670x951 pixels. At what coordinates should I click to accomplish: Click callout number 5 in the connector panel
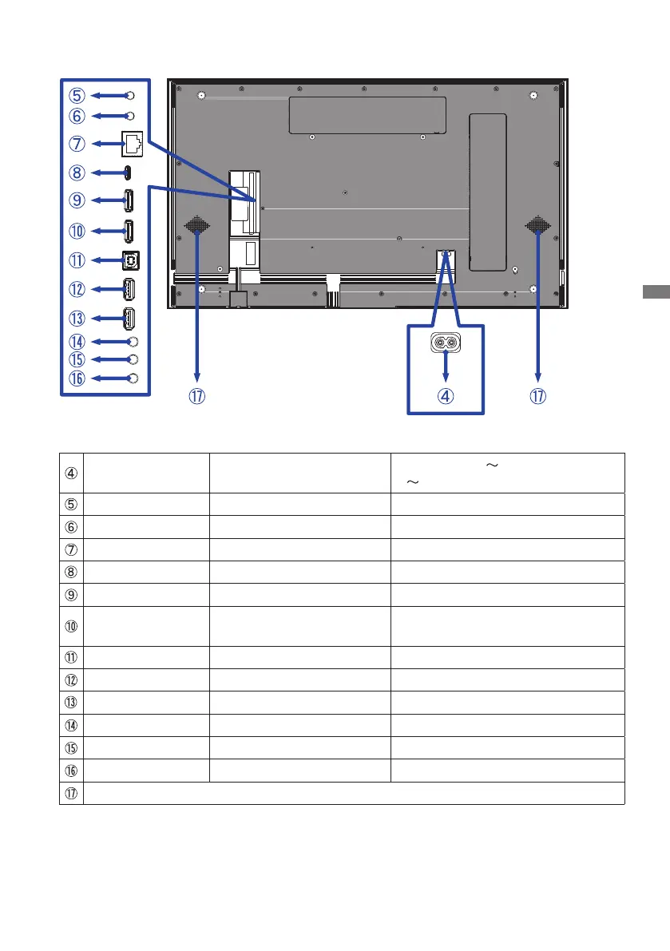click(x=77, y=96)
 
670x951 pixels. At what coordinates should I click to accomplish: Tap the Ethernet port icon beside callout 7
click(x=133, y=144)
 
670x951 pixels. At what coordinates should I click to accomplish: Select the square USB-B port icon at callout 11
click(x=131, y=260)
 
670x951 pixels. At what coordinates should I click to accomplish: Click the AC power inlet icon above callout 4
click(x=446, y=343)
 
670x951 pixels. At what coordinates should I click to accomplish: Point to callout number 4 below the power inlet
click(x=446, y=396)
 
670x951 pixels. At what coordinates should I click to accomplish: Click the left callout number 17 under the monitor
click(x=197, y=396)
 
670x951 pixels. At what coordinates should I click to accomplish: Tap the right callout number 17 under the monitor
click(x=537, y=396)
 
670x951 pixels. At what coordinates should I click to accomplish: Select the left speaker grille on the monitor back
click(x=197, y=226)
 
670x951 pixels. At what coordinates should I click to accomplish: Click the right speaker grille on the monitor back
click(x=537, y=226)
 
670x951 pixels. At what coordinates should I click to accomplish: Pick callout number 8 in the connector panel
click(x=77, y=172)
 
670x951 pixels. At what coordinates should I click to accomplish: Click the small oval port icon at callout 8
click(x=127, y=172)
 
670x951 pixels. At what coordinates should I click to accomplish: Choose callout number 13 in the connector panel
click(x=77, y=319)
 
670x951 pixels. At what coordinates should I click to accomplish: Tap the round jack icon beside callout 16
click(x=133, y=378)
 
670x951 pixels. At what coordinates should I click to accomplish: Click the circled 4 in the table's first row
click(x=71, y=473)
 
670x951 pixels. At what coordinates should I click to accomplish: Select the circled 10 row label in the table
click(x=71, y=626)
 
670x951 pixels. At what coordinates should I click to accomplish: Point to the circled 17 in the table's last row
click(x=71, y=794)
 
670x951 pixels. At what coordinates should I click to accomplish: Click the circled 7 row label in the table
click(x=71, y=549)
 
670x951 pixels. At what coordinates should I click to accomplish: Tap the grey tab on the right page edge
click(x=656, y=291)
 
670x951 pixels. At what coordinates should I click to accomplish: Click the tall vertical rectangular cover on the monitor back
click(x=487, y=192)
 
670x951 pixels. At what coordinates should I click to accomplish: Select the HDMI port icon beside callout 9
click(x=129, y=200)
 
